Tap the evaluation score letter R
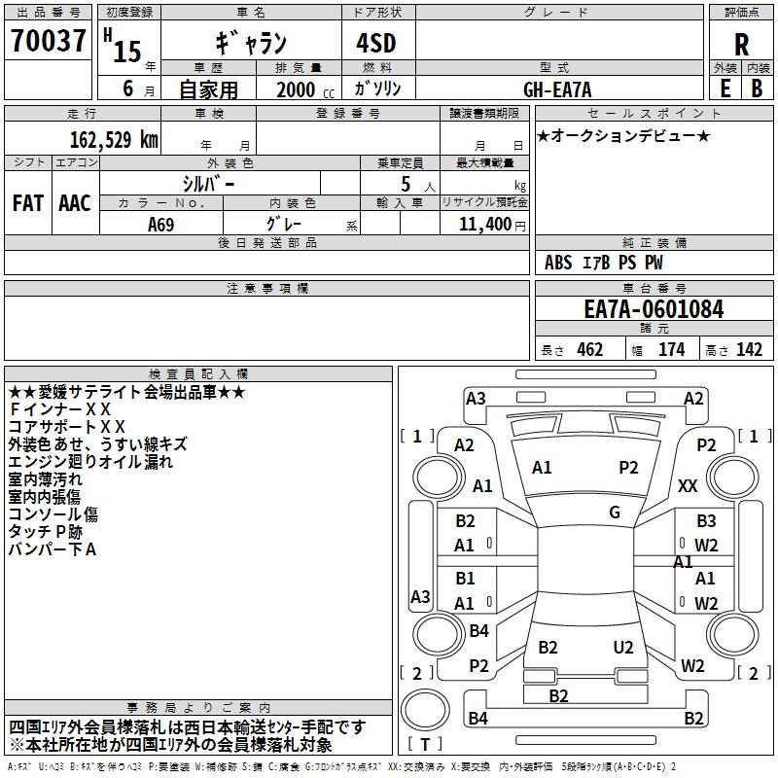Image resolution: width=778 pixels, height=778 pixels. coord(741,44)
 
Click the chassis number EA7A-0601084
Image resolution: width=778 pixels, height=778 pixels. coord(654,310)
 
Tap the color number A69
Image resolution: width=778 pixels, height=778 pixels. coord(161,224)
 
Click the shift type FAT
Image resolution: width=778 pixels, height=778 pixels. coord(27,203)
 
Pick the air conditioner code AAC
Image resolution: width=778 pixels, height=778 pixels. coord(75,203)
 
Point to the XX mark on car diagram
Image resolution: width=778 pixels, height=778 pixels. coord(688,485)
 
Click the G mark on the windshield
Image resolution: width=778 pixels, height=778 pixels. coord(615,512)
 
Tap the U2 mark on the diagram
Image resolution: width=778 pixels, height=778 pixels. coord(623,647)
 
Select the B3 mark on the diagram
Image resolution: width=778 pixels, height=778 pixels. coord(705,521)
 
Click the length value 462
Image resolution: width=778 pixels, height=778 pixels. coord(589,350)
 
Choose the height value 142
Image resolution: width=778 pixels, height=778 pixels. coord(749,350)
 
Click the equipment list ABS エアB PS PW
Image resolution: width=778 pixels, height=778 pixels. coord(604,263)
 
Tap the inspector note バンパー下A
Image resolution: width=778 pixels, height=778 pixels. coord(53,549)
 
